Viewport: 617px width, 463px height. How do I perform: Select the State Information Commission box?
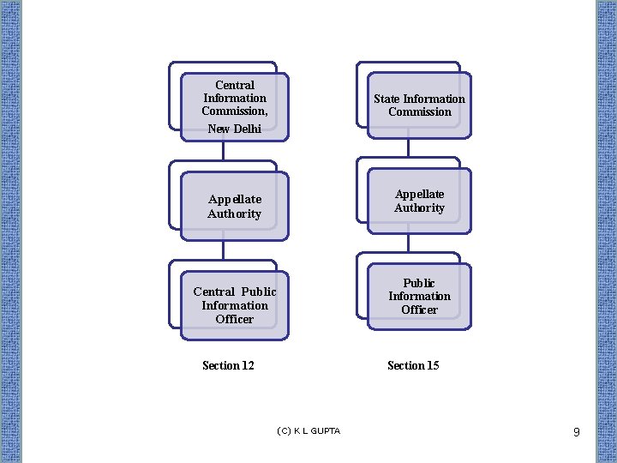419,105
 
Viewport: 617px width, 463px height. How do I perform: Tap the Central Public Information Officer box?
234,305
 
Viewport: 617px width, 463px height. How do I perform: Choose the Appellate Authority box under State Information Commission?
419,201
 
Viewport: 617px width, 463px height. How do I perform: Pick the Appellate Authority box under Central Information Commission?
234,206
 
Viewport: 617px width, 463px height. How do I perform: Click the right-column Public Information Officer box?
419,297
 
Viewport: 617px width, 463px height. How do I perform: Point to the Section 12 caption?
228,365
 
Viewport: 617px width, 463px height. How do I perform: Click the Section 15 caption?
413,365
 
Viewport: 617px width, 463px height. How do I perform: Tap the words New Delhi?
234,129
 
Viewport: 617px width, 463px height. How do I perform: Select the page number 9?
577,432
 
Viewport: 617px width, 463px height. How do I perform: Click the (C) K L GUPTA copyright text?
308,430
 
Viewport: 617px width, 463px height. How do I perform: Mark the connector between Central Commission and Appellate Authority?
223,151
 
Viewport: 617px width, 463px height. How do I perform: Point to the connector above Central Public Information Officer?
223,250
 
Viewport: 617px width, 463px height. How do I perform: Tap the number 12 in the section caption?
247,365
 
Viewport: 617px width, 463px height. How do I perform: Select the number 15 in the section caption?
432,365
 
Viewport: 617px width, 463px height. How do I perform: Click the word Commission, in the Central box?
234,111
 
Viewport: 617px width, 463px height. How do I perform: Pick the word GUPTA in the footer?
326,430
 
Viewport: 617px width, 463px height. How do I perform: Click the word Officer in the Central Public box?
234,319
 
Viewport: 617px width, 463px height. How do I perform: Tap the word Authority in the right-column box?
419,208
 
